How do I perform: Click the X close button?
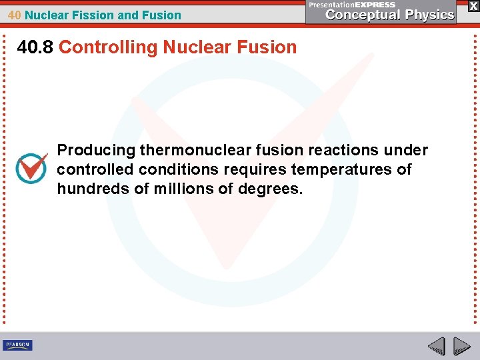[473, 5]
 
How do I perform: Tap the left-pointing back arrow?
[436, 346]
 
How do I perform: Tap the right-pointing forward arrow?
[461, 346]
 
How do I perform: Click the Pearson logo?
[17, 345]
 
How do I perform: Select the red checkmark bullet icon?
[31, 167]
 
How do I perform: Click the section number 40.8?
[35, 47]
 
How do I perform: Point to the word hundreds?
[93, 189]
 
